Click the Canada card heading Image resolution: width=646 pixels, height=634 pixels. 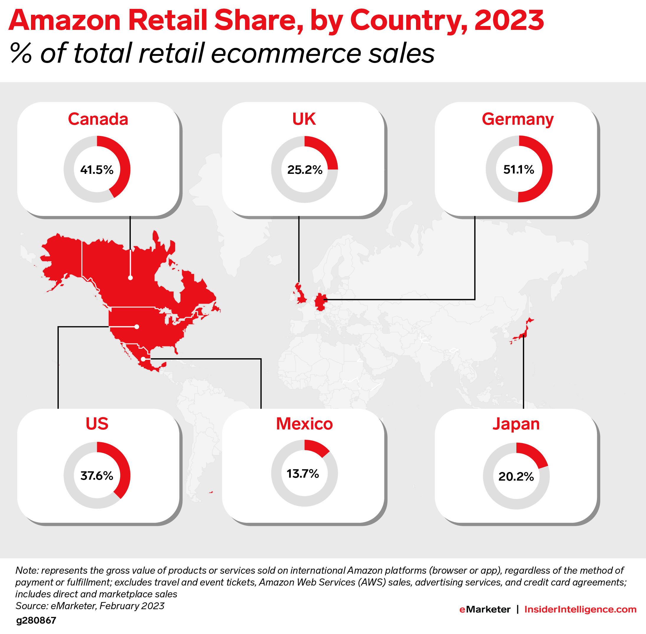coord(98,119)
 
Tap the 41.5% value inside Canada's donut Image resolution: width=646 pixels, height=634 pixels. coord(97,170)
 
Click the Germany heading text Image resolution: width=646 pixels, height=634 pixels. coord(517,119)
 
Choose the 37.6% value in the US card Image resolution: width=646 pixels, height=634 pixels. coord(97,476)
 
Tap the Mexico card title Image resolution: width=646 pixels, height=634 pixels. coord(304,424)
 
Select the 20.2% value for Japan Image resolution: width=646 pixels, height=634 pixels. coord(516,476)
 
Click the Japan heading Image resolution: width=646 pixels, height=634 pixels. coord(516,424)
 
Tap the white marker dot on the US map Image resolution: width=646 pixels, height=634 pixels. coord(136,327)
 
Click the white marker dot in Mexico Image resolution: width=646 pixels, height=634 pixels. coord(143,359)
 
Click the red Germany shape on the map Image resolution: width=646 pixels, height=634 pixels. coord(320,302)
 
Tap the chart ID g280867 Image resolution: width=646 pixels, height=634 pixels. coord(36,620)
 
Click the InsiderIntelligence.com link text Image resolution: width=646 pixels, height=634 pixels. coord(580,609)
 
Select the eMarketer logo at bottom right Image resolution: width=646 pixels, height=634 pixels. coord(485,609)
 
